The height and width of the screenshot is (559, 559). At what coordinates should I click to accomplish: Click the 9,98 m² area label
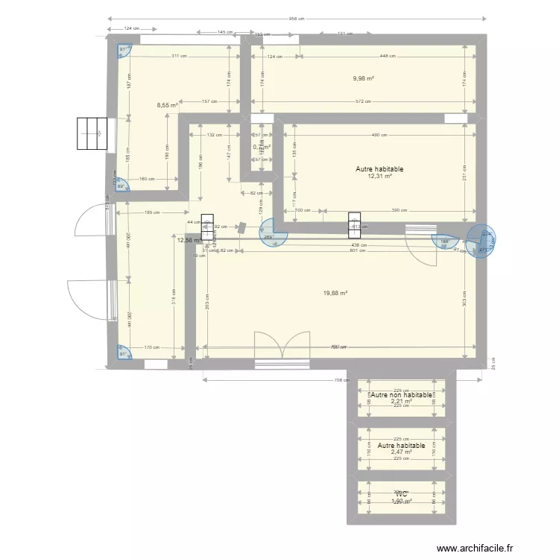click(363, 78)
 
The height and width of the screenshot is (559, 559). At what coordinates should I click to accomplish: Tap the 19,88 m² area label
click(335, 293)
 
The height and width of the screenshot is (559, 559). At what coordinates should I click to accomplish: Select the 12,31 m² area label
click(379, 177)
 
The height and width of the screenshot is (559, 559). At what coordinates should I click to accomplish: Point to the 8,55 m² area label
click(167, 106)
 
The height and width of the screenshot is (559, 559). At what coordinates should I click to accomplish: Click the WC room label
click(401, 493)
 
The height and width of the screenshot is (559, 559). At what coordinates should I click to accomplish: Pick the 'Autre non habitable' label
click(401, 394)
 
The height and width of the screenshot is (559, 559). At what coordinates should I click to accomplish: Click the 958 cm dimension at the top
click(298, 19)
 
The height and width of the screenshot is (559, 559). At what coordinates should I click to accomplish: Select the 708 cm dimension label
click(341, 380)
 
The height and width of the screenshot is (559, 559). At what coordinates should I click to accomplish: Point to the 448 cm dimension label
click(387, 57)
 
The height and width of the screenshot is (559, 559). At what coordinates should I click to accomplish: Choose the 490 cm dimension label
click(379, 135)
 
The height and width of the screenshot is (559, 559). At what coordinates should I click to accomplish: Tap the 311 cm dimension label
click(178, 57)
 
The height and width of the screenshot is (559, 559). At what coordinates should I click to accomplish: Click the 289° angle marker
click(269, 238)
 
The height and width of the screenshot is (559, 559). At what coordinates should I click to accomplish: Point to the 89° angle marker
click(121, 186)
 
